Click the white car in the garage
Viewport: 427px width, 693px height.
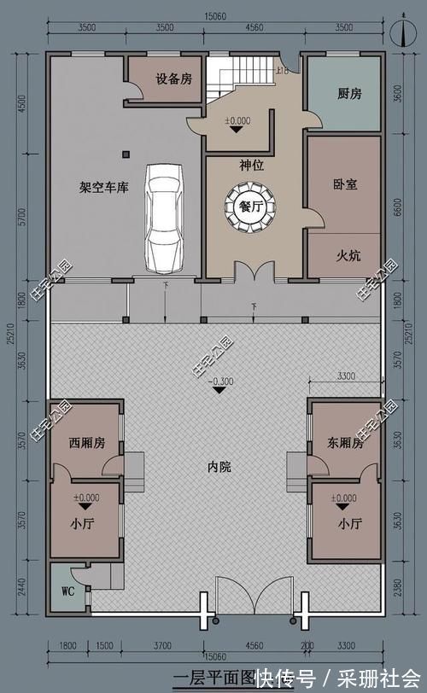163,218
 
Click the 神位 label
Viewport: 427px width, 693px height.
250,164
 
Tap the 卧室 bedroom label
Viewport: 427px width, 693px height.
345,183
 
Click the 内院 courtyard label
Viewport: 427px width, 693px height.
219,467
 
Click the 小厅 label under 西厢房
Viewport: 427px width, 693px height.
85,524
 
